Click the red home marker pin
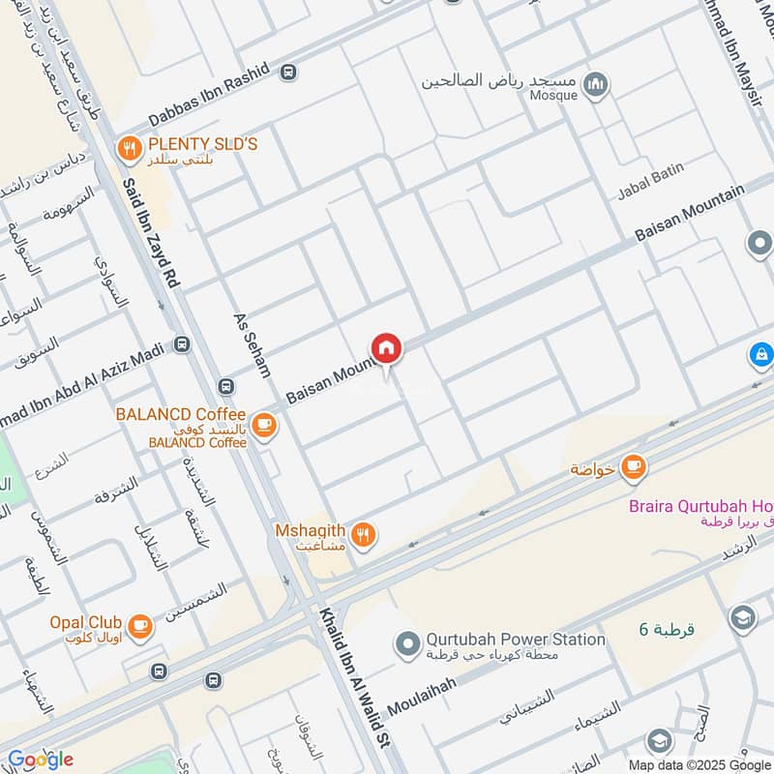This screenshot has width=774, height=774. click(x=386, y=348)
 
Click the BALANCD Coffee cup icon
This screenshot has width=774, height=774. click(x=262, y=424)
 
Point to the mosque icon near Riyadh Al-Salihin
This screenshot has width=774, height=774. click(x=597, y=85)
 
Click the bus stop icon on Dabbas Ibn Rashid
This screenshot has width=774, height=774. click(x=288, y=72)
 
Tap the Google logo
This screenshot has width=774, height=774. click(x=41, y=759)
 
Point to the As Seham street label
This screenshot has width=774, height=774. click(x=253, y=344)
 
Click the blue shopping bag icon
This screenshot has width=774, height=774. click(x=761, y=355)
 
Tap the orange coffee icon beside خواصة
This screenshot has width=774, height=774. click(x=634, y=468)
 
